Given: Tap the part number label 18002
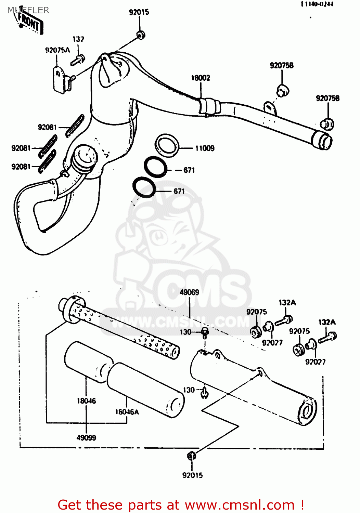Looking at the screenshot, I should pyautogui.click(x=201, y=78).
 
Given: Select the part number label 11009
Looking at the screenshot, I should pyautogui.click(x=205, y=148).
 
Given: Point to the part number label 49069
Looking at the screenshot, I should pyautogui.click(x=189, y=292).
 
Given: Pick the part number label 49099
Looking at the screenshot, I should pyautogui.click(x=86, y=437).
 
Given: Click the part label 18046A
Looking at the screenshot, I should pyautogui.click(x=127, y=412).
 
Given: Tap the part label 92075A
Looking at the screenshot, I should pyautogui.click(x=57, y=50).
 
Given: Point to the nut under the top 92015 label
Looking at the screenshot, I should pyautogui.click(x=140, y=34).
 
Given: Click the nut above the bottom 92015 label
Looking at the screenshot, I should pyautogui.click(x=192, y=456).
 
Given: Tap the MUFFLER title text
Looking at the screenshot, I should pyautogui.click(x=28, y=10).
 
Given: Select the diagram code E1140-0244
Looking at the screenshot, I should pyautogui.click(x=317, y=4).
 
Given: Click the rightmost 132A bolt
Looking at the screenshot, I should pyautogui.click(x=328, y=337).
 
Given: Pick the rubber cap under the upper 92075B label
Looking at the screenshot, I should pyautogui.click(x=283, y=90).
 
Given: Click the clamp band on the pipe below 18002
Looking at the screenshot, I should pyautogui.click(x=209, y=107).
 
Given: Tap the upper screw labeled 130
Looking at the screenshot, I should pyautogui.click(x=205, y=332).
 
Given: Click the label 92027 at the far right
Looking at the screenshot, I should pyautogui.click(x=315, y=361).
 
